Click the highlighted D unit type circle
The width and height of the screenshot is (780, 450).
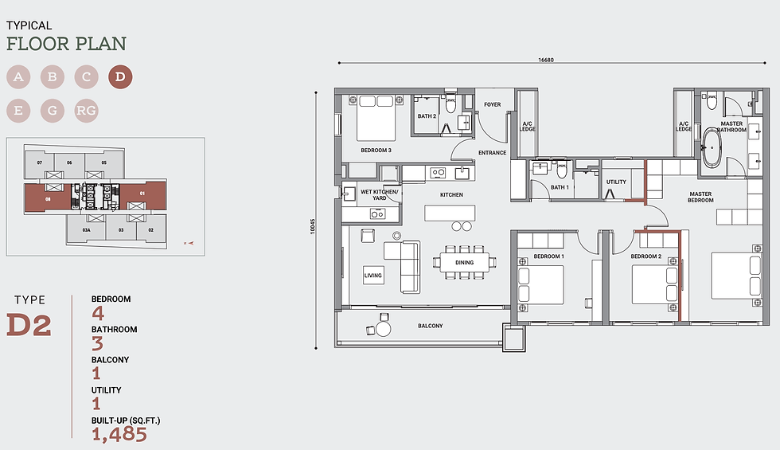coord(120,77)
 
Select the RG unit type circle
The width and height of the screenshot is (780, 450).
coord(86,111)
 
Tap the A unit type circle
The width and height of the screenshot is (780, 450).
coord(18,77)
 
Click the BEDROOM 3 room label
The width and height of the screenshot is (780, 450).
coord(375,150)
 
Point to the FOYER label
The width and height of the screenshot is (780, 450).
coord(493,104)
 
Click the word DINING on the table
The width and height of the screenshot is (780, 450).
coord(464,262)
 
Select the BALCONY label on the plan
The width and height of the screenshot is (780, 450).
coord(431,326)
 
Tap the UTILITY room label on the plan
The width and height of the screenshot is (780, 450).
coord(616,182)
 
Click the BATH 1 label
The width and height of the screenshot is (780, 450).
coord(560,187)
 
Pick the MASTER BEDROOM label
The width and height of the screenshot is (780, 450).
coord(700,197)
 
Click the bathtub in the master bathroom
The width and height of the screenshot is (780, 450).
coord(711,148)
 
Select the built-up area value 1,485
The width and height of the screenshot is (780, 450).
coord(119,434)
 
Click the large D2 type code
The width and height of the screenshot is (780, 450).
coord(29,325)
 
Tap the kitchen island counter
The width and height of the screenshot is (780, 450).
coord(450,213)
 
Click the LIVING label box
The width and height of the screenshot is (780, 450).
coord(372,275)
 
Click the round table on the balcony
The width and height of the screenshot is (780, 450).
coord(384,328)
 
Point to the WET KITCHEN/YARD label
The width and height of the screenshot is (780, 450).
coord(380,195)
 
